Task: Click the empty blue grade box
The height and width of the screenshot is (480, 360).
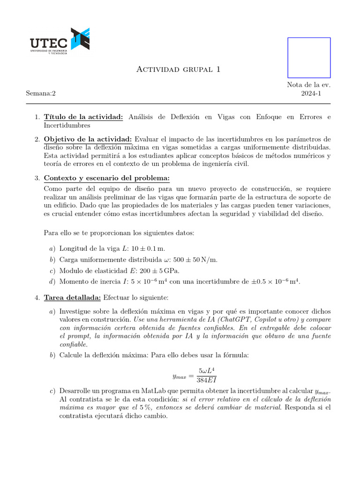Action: click(x=308, y=58)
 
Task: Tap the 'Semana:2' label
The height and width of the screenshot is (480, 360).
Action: click(x=41, y=93)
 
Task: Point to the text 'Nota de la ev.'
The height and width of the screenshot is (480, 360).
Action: click(x=309, y=85)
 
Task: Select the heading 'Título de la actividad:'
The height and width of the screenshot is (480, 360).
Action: click(x=83, y=117)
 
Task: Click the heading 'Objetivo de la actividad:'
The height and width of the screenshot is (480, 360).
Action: click(x=88, y=139)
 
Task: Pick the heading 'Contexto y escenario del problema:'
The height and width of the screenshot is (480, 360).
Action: click(x=106, y=178)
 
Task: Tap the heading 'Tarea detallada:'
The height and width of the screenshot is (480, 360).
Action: click(x=72, y=297)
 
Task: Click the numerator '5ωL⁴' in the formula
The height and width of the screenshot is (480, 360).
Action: click(x=207, y=371)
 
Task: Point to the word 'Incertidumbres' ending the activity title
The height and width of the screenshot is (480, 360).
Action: click(x=67, y=126)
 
